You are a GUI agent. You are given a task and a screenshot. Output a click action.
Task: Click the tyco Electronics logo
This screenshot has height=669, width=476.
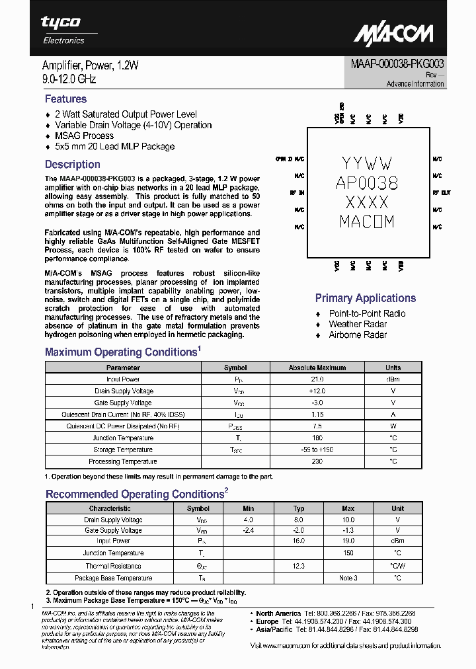coord(63,30)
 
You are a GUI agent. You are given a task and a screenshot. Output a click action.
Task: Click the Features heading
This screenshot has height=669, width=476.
coord(65,99)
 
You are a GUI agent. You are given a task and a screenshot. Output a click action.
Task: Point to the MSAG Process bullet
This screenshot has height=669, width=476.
coord(84,136)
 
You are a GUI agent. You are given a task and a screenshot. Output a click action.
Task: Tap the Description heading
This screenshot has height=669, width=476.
coord(72,165)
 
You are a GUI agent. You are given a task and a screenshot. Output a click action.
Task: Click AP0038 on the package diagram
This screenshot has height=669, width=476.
coord(367,182)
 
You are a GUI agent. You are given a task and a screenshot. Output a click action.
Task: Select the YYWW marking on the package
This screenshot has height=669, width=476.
coord(367,163)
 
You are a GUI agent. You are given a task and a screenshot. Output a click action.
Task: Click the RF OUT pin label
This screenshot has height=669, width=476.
coord(442,193)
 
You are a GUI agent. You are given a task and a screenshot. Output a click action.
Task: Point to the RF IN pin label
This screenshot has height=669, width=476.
coord(297,193)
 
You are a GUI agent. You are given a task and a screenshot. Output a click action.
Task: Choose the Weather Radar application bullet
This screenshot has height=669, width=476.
coord(358,324)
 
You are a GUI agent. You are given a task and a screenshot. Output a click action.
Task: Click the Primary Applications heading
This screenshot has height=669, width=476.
coord(365,298)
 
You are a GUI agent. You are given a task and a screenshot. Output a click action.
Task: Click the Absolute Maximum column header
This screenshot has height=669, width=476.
coord(317,368)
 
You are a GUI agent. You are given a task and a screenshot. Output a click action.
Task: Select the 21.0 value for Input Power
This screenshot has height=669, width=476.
coord(317,379)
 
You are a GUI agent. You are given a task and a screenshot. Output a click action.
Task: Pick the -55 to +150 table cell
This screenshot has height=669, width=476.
coord(317,450)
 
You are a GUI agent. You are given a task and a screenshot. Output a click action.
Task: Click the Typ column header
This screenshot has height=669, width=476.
coord(299,508)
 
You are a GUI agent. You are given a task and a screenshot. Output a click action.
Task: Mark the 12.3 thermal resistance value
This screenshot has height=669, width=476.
coord(298,566)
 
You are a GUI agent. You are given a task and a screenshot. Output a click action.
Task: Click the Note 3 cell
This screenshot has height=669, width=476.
coord(348,578)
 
